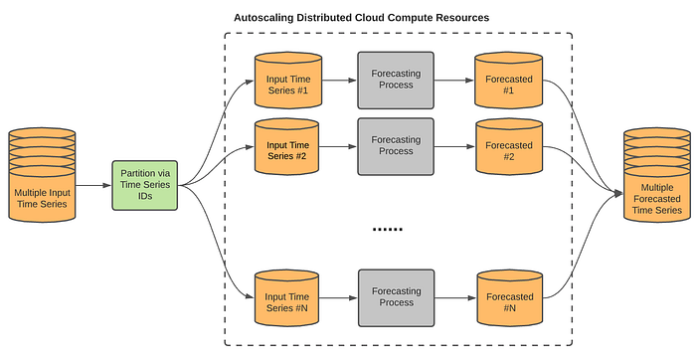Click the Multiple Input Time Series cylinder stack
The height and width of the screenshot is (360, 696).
click(43, 179)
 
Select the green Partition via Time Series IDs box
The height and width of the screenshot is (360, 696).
click(145, 184)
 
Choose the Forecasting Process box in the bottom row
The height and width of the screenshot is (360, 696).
click(396, 297)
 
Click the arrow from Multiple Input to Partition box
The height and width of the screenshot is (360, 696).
click(94, 185)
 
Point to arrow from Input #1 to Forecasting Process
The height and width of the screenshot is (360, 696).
click(339, 80)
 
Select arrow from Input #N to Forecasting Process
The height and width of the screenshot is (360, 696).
click(339, 297)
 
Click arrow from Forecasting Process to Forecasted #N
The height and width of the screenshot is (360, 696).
click(453, 297)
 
